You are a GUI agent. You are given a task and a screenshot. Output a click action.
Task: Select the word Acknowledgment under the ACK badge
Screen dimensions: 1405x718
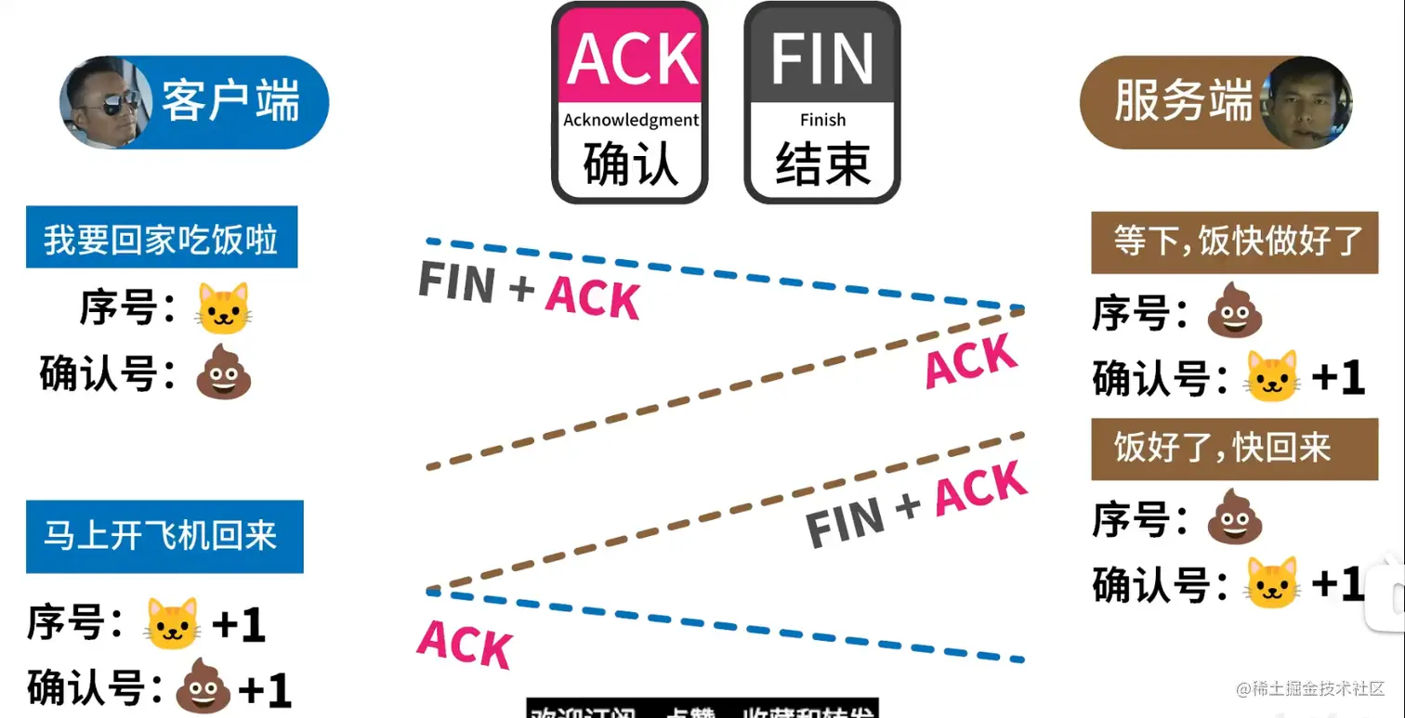point(631,120)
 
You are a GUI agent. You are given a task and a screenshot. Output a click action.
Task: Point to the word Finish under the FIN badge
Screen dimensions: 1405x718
point(822,120)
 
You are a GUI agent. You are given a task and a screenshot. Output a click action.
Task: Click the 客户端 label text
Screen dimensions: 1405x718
point(230,101)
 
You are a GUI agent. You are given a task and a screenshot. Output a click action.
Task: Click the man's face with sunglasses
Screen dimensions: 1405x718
point(101,103)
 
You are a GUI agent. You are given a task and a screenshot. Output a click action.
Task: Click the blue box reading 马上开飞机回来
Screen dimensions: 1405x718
point(161,536)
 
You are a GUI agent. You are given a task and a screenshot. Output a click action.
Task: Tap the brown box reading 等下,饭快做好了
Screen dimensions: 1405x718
point(1234,242)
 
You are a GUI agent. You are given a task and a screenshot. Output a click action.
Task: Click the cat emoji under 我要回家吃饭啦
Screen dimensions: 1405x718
point(223,309)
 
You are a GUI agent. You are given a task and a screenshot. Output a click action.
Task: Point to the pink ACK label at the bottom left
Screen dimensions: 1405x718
point(465,643)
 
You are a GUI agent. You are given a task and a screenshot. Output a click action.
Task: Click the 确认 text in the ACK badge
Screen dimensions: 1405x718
point(631,164)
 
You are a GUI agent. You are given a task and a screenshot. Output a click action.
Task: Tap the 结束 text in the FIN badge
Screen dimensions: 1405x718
point(822,164)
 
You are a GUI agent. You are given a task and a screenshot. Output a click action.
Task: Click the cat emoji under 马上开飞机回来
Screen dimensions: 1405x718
point(173,623)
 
